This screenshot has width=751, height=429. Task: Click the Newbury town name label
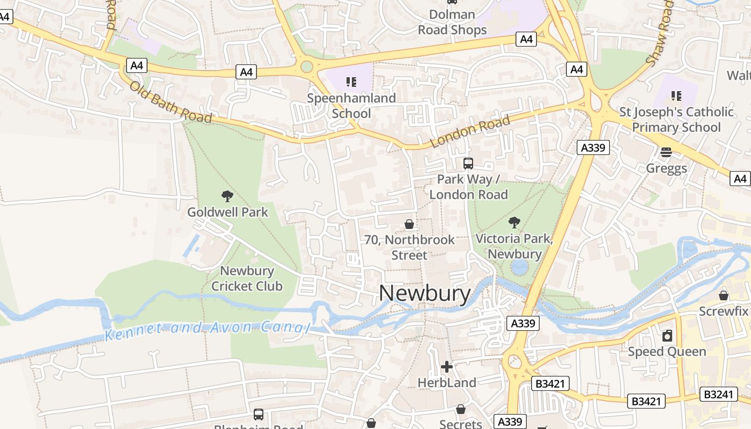(x=425, y=293)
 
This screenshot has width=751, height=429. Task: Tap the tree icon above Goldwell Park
(x=227, y=196)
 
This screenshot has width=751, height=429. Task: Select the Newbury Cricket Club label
(x=247, y=278)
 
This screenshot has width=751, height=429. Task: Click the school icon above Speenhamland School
(x=351, y=82)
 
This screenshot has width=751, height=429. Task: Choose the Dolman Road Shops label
(x=452, y=23)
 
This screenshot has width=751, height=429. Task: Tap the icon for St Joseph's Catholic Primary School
(x=676, y=96)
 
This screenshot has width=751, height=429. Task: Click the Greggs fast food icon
(x=666, y=153)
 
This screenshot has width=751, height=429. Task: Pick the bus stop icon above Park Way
(x=468, y=164)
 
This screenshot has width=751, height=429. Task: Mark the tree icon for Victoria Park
(x=514, y=222)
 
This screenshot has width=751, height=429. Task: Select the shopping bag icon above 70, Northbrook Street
(x=409, y=224)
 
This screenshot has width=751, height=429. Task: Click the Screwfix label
(x=723, y=311)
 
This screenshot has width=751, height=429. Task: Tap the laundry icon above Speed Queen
(x=667, y=336)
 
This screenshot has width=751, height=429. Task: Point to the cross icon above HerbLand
(x=447, y=367)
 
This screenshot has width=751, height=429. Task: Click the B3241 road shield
(x=718, y=394)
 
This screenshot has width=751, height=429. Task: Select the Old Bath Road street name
(x=171, y=101)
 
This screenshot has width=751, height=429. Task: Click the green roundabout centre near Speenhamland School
(x=307, y=67)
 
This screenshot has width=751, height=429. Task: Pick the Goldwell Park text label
(x=227, y=212)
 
